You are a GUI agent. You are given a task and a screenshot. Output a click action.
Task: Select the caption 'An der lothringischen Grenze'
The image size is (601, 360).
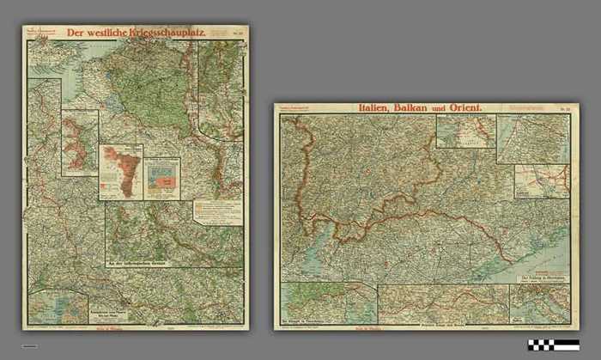142,261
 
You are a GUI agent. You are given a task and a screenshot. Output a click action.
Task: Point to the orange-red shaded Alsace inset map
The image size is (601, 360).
119,171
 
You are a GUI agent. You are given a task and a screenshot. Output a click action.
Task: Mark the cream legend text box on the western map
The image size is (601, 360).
217,211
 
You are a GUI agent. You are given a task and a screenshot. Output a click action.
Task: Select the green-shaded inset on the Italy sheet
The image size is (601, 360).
328,302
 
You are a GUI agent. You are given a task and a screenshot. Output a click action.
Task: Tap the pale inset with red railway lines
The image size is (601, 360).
541,181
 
